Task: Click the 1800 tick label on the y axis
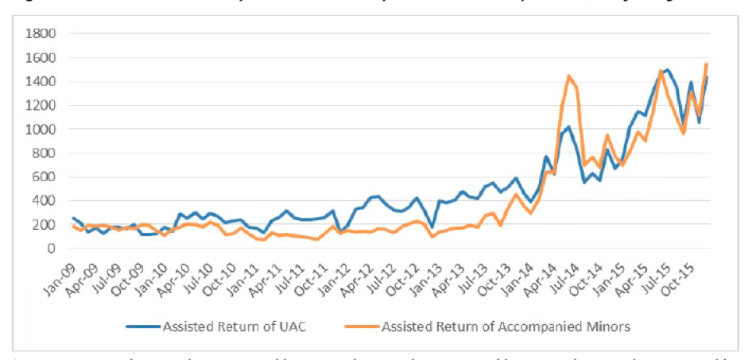tap(39, 33)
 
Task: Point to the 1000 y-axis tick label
tap(39, 129)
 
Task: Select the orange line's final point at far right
tap(706, 64)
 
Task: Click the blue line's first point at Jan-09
tap(73, 218)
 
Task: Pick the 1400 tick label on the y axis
tap(39, 81)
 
